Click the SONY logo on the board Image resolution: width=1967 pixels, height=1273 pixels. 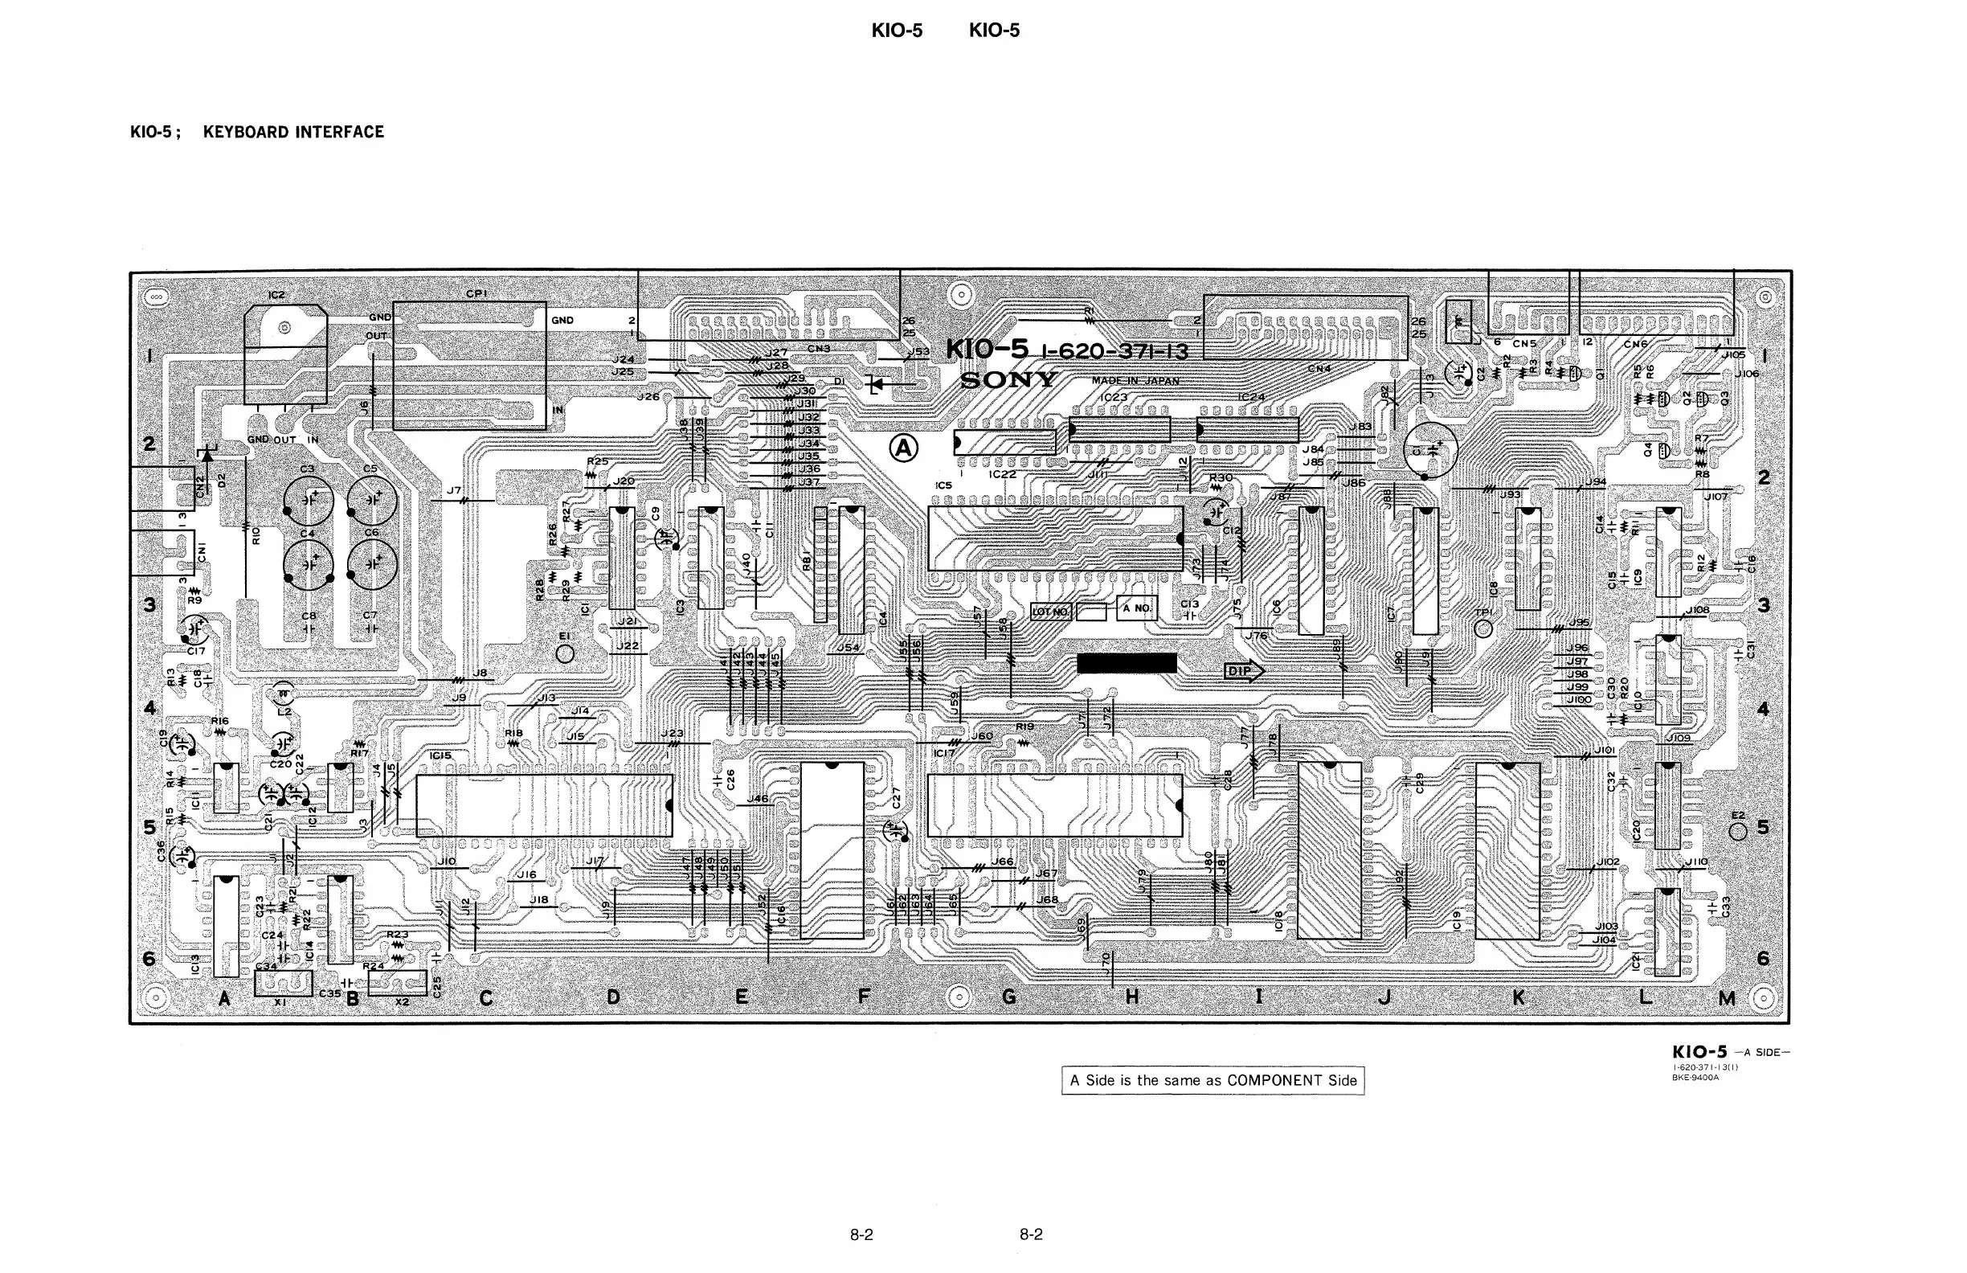1008,380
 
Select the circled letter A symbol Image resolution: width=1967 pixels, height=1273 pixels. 903,448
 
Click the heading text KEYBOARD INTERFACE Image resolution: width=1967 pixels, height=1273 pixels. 293,133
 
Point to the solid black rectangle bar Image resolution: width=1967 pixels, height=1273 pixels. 1127,663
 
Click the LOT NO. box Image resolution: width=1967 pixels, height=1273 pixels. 1051,612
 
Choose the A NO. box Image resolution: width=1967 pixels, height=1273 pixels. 1136,608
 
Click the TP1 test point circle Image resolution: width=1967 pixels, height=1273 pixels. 1483,629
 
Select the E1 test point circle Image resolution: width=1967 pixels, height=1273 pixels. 566,654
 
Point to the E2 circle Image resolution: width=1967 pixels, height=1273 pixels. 1738,831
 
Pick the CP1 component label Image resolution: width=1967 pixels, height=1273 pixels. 476,293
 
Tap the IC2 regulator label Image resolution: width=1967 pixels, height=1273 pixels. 276,295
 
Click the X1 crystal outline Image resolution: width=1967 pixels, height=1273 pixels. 284,984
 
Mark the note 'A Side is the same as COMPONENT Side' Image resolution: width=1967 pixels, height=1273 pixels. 1213,1080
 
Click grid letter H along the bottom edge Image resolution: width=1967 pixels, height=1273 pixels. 1131,997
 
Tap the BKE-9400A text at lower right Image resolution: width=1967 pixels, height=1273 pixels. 1695,1078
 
